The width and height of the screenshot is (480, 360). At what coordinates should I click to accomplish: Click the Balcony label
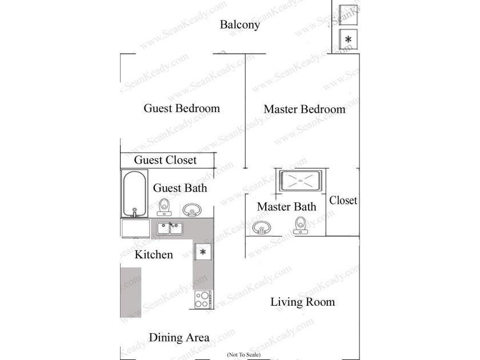click(239, 25)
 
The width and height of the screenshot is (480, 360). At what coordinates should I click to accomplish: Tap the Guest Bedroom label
click(182, 109)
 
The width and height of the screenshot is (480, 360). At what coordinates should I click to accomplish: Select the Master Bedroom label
click(304, 109)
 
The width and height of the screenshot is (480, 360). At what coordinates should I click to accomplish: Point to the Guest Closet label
click(165, 160)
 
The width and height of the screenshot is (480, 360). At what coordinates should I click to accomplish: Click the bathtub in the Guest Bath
click(134, 194)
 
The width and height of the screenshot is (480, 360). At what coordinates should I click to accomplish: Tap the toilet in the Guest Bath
click(165, 207)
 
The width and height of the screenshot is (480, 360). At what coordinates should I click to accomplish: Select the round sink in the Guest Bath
click(192, 210)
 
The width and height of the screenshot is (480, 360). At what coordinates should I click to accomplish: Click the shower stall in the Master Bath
click(301, 181)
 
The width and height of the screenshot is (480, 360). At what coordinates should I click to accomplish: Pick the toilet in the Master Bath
click(301, 225)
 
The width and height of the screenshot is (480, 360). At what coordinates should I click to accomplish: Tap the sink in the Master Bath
click(262, 227)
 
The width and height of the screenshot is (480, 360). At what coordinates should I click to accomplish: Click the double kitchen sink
click(170, 229)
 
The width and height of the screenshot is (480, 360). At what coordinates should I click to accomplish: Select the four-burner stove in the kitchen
click(203, 299)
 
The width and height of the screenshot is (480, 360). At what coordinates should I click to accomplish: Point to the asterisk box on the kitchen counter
click(203, 252)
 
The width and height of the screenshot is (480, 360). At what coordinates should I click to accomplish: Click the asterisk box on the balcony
click(348, 39)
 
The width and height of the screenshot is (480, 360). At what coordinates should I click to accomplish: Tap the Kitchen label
click(154, 255)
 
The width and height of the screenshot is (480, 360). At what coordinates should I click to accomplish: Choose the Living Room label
click(302, 302)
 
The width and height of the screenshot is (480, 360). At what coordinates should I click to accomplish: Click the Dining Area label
click(179, 338)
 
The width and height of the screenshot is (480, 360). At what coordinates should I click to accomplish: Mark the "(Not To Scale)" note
click(243, 354)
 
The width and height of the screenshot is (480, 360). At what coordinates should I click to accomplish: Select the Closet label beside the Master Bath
click(343, 201)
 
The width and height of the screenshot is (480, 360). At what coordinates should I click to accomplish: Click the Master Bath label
click(286, 207)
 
